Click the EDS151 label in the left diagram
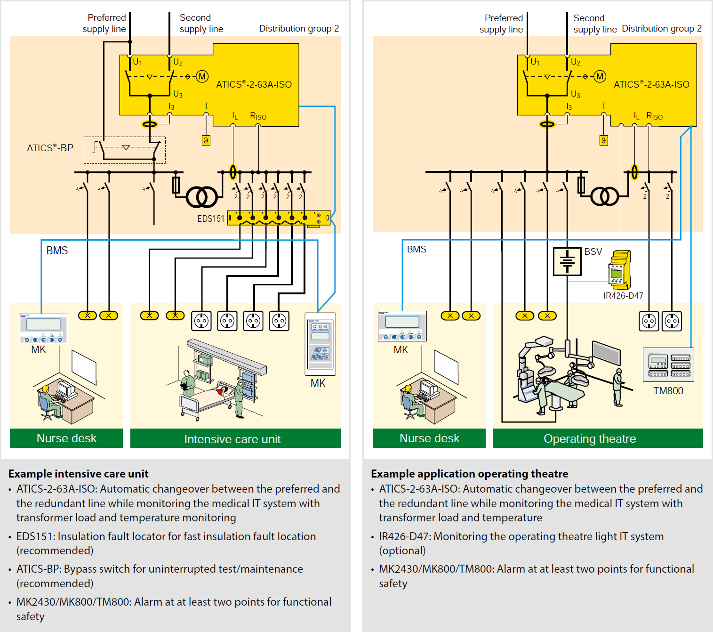(210, 219)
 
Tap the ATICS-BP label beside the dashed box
(50, 148)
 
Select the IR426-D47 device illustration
(620, 270)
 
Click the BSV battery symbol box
(567, 261)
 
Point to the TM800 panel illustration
(668, 365)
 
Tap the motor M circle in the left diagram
(202, 76)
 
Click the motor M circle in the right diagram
(600, 76)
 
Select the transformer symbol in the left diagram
(202, 197)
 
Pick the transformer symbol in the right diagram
(605, 196)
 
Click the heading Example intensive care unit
(79, 474)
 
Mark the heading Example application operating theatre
(469, 474)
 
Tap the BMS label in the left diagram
(57, 251)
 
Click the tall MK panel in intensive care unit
(320, 344)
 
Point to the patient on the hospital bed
(223, 390)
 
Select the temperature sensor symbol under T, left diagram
(206, 140)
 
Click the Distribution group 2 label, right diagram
(661, 29)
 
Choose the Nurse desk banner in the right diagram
(429, 438)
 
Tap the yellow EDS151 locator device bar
(279, 218)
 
